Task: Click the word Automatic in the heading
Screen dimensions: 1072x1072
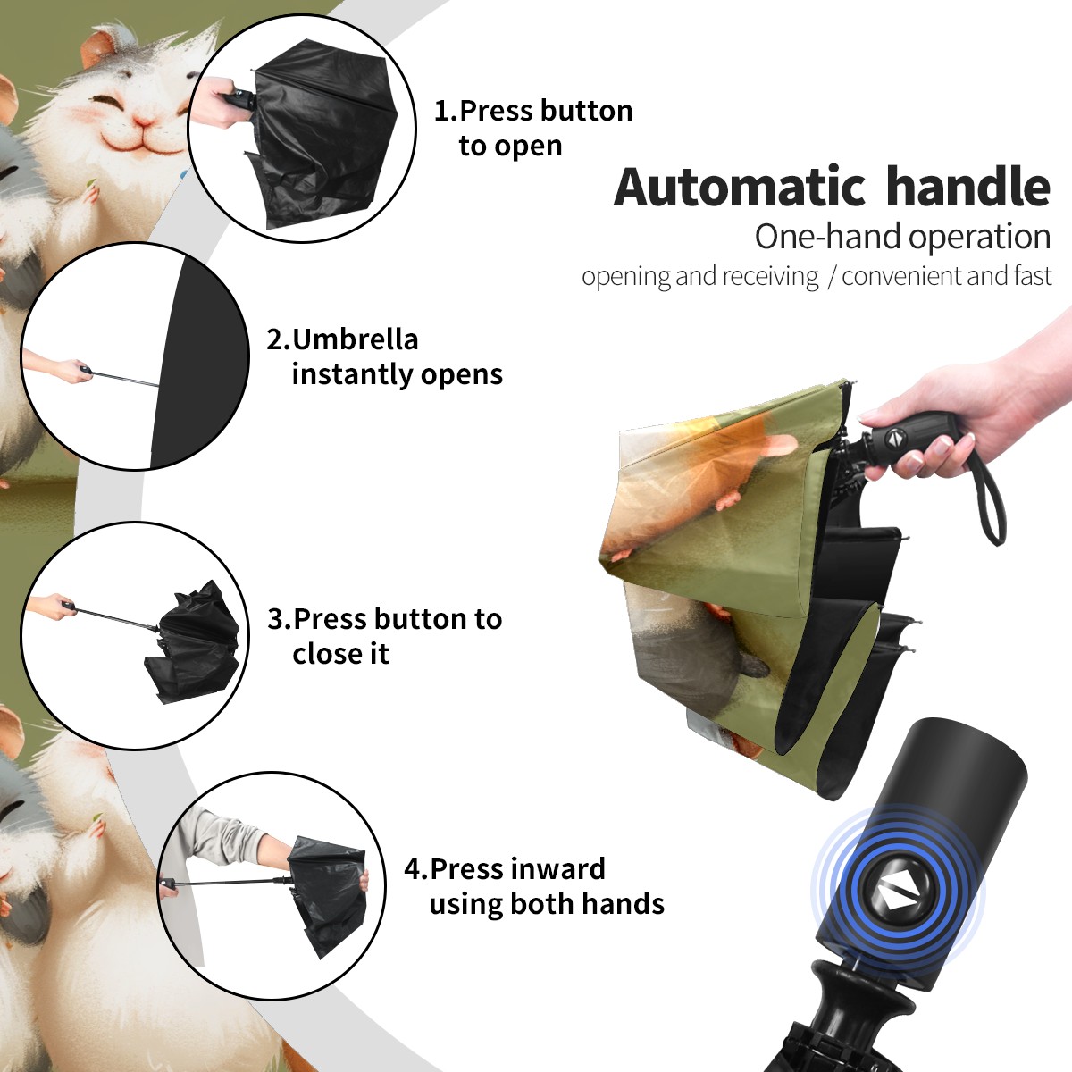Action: [740, 187]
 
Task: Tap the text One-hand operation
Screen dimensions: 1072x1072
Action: [902, 237]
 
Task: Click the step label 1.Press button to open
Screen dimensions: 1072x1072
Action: [533, 129]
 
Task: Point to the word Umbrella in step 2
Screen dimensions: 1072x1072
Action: [355, 339]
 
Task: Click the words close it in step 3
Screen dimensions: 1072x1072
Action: [340, 653]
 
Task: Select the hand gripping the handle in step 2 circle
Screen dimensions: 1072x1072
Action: [62, 367]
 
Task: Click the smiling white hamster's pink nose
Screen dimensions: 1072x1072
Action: [144, 121]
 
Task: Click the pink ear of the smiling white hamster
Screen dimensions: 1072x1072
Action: [99, 48]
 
